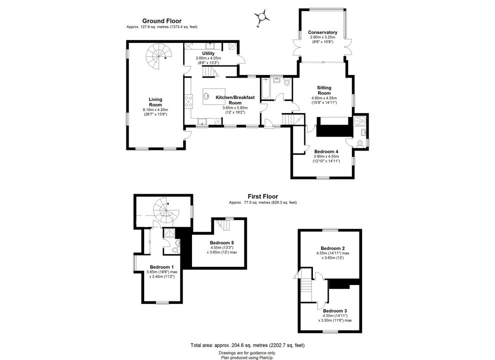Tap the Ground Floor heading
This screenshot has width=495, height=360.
click(x=162, y=21)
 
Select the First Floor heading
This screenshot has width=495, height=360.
click(x=262, y=196)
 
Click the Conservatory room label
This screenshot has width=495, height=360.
click(x=322, y=32)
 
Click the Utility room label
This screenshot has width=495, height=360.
click(x=208, y=53)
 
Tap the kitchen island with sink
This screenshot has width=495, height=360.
click(x=213, y=96)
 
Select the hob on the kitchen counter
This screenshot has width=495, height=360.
click(x=189, y=101)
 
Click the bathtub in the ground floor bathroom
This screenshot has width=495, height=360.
click(x=264, y=89)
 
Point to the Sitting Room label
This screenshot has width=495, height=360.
click(x=324, y=90)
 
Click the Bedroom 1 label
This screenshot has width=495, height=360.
click(x=161, y=267)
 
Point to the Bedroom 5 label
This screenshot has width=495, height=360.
click(x=221, y=242)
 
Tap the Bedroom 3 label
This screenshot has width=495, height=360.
click(x=335, y=310)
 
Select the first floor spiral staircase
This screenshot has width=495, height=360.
click(x=164, y=210)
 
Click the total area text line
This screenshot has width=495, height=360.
click(x=247, y=345)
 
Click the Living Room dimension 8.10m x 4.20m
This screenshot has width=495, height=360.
click(x=155, y=109)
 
